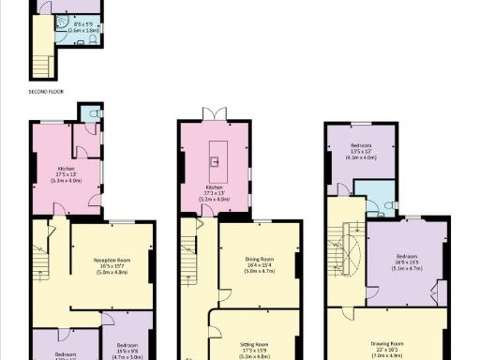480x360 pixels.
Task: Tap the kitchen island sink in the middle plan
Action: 217,161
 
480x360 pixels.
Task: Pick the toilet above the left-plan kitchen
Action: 88,114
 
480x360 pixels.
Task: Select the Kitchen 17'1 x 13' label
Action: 217,191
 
